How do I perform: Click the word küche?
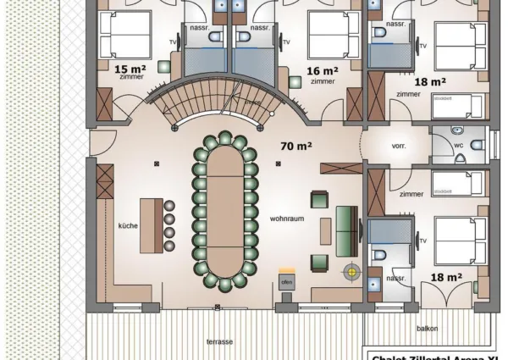point(128,226)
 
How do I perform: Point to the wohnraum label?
point(286,218)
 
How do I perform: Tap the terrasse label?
point(219,341)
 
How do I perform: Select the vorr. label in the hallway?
point(398,146)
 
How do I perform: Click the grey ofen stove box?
point(286,280)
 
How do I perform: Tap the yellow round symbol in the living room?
point(349,272)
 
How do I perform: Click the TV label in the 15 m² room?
point(174,41)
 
